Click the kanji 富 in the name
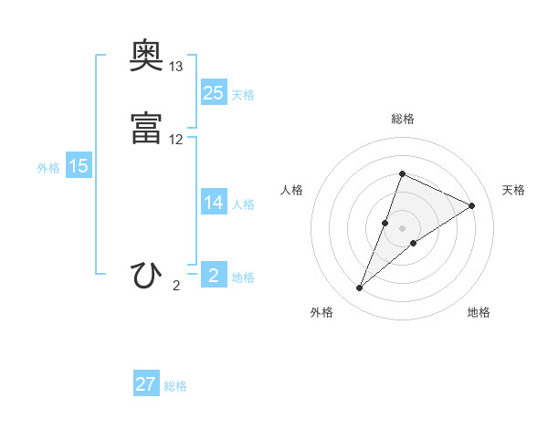[147, 128]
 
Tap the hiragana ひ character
[147, 275]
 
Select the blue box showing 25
[213, 93]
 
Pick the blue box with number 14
[213, 204]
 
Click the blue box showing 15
[79, 166]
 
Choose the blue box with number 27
[146, 384]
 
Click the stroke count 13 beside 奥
[176, 67]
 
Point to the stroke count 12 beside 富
[176, 140]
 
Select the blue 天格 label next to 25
[243, 95]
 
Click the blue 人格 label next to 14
[243, 204]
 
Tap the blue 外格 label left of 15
[47, 168]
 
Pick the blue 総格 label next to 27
[175, 386]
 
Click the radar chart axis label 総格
[402, 119]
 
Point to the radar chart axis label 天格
[513, 190]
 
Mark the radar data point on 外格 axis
[360, 288]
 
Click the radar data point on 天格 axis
[471, 206]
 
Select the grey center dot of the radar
[402, 228]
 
